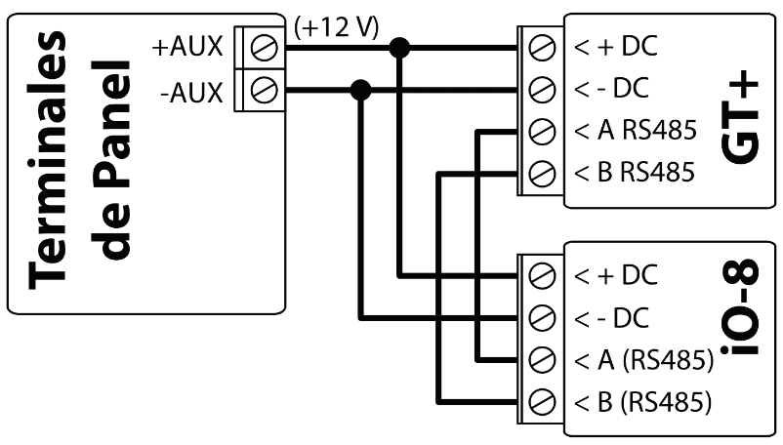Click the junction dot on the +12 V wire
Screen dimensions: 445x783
(x=398, y=47)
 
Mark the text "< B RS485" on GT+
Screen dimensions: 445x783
(x=633, y=174)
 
